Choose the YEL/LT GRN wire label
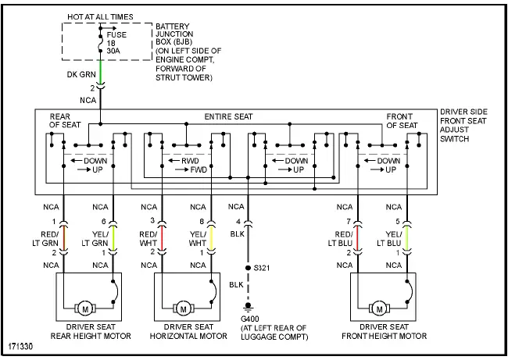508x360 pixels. (x=98, y=237)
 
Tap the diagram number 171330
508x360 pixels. (x=21, y=344)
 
